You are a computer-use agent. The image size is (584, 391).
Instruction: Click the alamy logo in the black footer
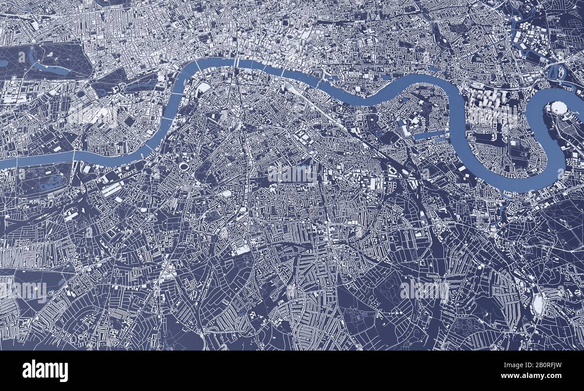click(45, 371)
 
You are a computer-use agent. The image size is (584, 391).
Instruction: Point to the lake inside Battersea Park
click(49, 182)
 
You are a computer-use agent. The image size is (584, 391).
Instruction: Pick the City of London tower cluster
click(303, 43)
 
